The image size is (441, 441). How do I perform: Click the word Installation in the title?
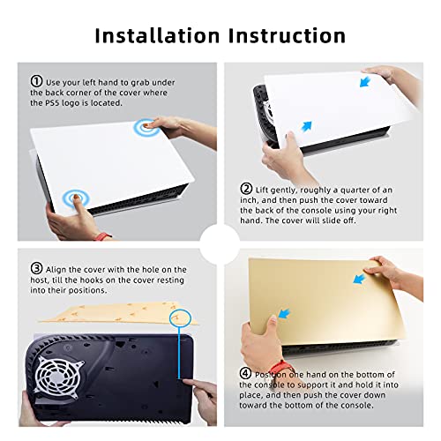[x=157, y=35]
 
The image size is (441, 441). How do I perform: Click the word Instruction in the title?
[x=287, y=35]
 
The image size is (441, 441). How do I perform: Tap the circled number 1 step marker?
[x=36, y=81]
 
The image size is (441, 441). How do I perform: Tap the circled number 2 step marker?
[x=246, y=189]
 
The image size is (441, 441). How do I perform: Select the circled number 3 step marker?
[x=36, y=268]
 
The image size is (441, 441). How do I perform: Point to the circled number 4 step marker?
[x=245, y=373]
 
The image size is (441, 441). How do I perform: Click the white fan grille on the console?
[x=59, y=375]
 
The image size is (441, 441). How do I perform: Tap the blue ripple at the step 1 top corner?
[x=146, y=127]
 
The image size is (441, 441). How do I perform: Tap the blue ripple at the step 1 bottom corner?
[x=76, y=198]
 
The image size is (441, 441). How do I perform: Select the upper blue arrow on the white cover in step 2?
[x=365, y=81]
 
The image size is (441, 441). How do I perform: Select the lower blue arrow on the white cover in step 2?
[x=306, y=126]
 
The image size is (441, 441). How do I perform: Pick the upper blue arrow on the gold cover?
[x=359, y=279]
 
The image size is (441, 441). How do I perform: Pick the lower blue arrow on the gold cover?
[x=284, y=313]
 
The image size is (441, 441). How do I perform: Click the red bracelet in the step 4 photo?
[x=280, y=368]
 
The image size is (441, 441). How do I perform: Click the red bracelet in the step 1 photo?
[x=102, y=235]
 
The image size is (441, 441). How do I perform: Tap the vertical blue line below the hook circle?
[x=179, y=353]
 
